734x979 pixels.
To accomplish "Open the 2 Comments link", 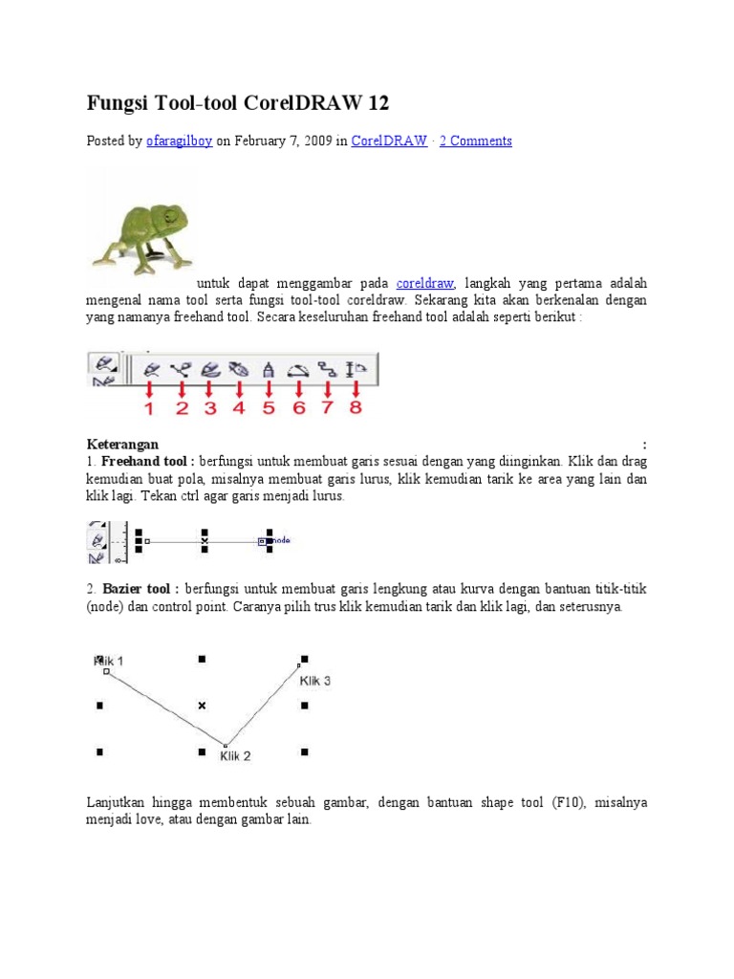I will (x=476, y=141).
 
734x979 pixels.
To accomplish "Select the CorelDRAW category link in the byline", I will (x=389, y=141).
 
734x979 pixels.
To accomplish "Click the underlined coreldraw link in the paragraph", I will (x=425, y=284).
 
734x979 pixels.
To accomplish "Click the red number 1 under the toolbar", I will (x=149, y=408).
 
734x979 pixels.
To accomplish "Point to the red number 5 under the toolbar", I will (x=269, y=408).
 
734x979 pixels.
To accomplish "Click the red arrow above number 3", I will (x=209, y=389).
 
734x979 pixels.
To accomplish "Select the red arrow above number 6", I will (x=299, y=389).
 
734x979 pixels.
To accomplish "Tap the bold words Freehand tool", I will (x=148, y=462).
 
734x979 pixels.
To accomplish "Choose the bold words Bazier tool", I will (x=141, y=587).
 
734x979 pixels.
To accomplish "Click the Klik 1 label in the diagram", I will (x=109, y=661).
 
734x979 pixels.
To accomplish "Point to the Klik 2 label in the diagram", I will (x=235, y=756).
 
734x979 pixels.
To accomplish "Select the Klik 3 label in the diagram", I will (x=315, y=681).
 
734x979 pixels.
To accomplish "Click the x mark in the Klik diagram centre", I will (x=202, y=706).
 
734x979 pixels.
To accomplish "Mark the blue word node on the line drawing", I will (x=281, y=540).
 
